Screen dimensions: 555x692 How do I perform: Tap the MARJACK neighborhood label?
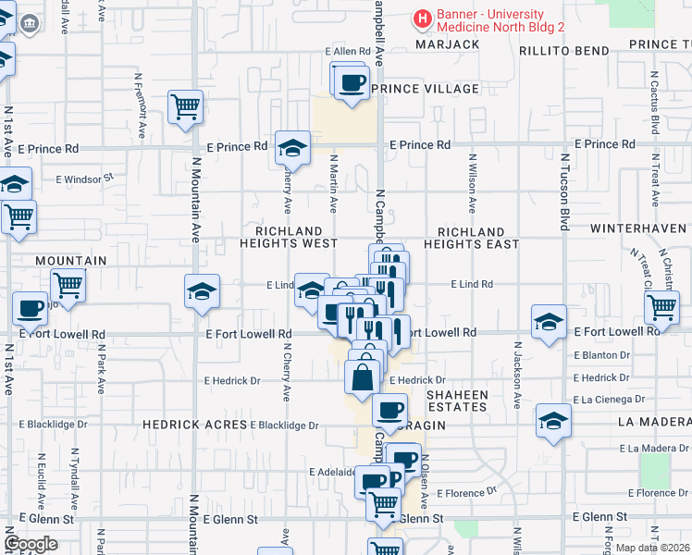(447, 44)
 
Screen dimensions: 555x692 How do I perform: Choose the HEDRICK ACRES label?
(193, 425)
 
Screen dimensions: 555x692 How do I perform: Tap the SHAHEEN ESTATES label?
(457, 401)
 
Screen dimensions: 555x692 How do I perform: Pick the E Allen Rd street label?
(347, 52)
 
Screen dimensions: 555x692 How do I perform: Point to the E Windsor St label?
(84, 177)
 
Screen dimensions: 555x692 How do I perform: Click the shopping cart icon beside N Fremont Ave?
(185, 107)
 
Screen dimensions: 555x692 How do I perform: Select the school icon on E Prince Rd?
(292, 148)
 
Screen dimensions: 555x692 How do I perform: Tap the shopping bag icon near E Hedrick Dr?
(361, 377)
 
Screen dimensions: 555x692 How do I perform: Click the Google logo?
(31, 544)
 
